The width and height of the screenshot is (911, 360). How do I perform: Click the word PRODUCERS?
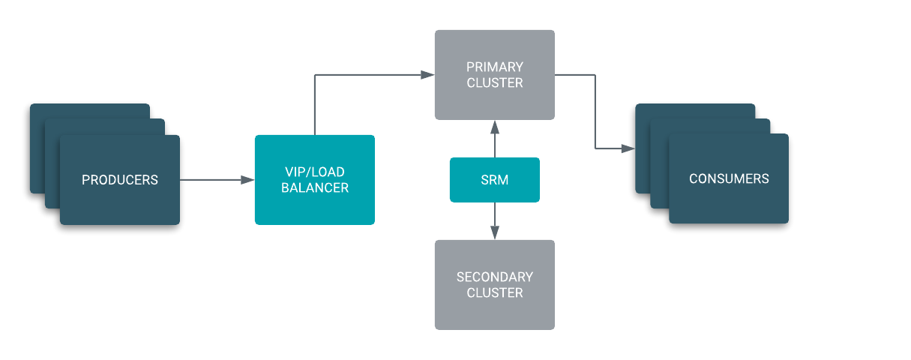[120, 180]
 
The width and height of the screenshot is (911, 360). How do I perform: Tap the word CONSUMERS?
[729, 178]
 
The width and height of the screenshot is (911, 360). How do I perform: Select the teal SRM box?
[495, 180]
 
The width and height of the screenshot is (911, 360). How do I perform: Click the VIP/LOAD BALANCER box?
[315, 180]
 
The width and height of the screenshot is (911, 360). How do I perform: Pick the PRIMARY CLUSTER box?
[495, 75]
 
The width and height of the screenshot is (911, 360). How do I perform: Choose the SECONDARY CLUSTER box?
[495, 285]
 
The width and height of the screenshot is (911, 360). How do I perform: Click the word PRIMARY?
[495, 67]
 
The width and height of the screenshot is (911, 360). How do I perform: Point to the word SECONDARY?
[495, 277]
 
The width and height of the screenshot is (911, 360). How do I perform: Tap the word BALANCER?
[315, 188]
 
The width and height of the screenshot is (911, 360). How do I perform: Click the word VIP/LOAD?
[315, 172]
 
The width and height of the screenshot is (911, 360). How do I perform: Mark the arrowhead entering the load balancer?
[248, 180]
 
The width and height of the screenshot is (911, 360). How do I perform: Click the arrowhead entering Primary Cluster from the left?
[428, 74]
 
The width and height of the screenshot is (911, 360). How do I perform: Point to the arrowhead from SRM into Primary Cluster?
[495, 126]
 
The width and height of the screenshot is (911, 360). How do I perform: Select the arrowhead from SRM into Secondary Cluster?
[495, 233]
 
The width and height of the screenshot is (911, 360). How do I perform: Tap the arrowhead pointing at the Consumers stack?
[628, 148]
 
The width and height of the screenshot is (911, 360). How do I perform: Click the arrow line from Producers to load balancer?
[214, 180]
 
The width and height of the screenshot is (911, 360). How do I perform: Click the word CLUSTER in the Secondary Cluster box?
[495, 293]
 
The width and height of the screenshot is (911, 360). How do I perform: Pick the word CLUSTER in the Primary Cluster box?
[495, 83]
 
